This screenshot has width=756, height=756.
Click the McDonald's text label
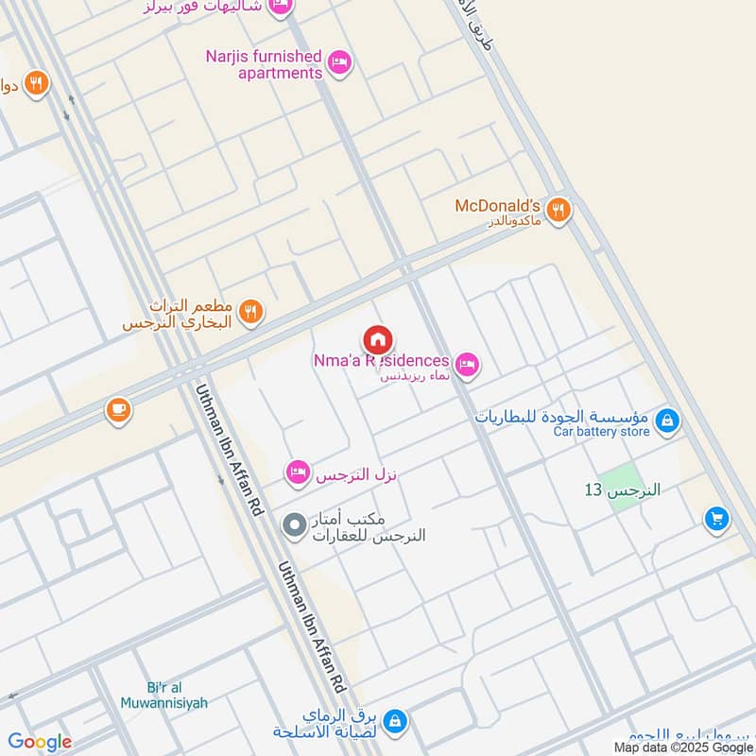pos(497,205)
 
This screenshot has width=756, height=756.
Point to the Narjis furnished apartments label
pos(264,64)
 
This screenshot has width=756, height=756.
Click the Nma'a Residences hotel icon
pos(466,364)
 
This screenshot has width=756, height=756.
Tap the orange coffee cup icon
pos(118,410)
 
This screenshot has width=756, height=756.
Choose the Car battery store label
pos(601,432)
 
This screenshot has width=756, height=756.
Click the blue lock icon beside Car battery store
pos(667,421)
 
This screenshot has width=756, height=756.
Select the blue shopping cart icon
pos(716,518)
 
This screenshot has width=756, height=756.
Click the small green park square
pos(623,490)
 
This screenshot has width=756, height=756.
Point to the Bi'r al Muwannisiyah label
pos(164,695)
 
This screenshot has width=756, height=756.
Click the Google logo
pos(40,742)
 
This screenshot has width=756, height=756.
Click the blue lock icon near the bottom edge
pos(395,722)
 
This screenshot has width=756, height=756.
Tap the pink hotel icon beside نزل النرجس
pos(299,471)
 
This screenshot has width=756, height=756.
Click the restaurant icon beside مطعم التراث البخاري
pos(250,311)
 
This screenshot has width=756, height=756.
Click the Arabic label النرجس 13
pos(622,490)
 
